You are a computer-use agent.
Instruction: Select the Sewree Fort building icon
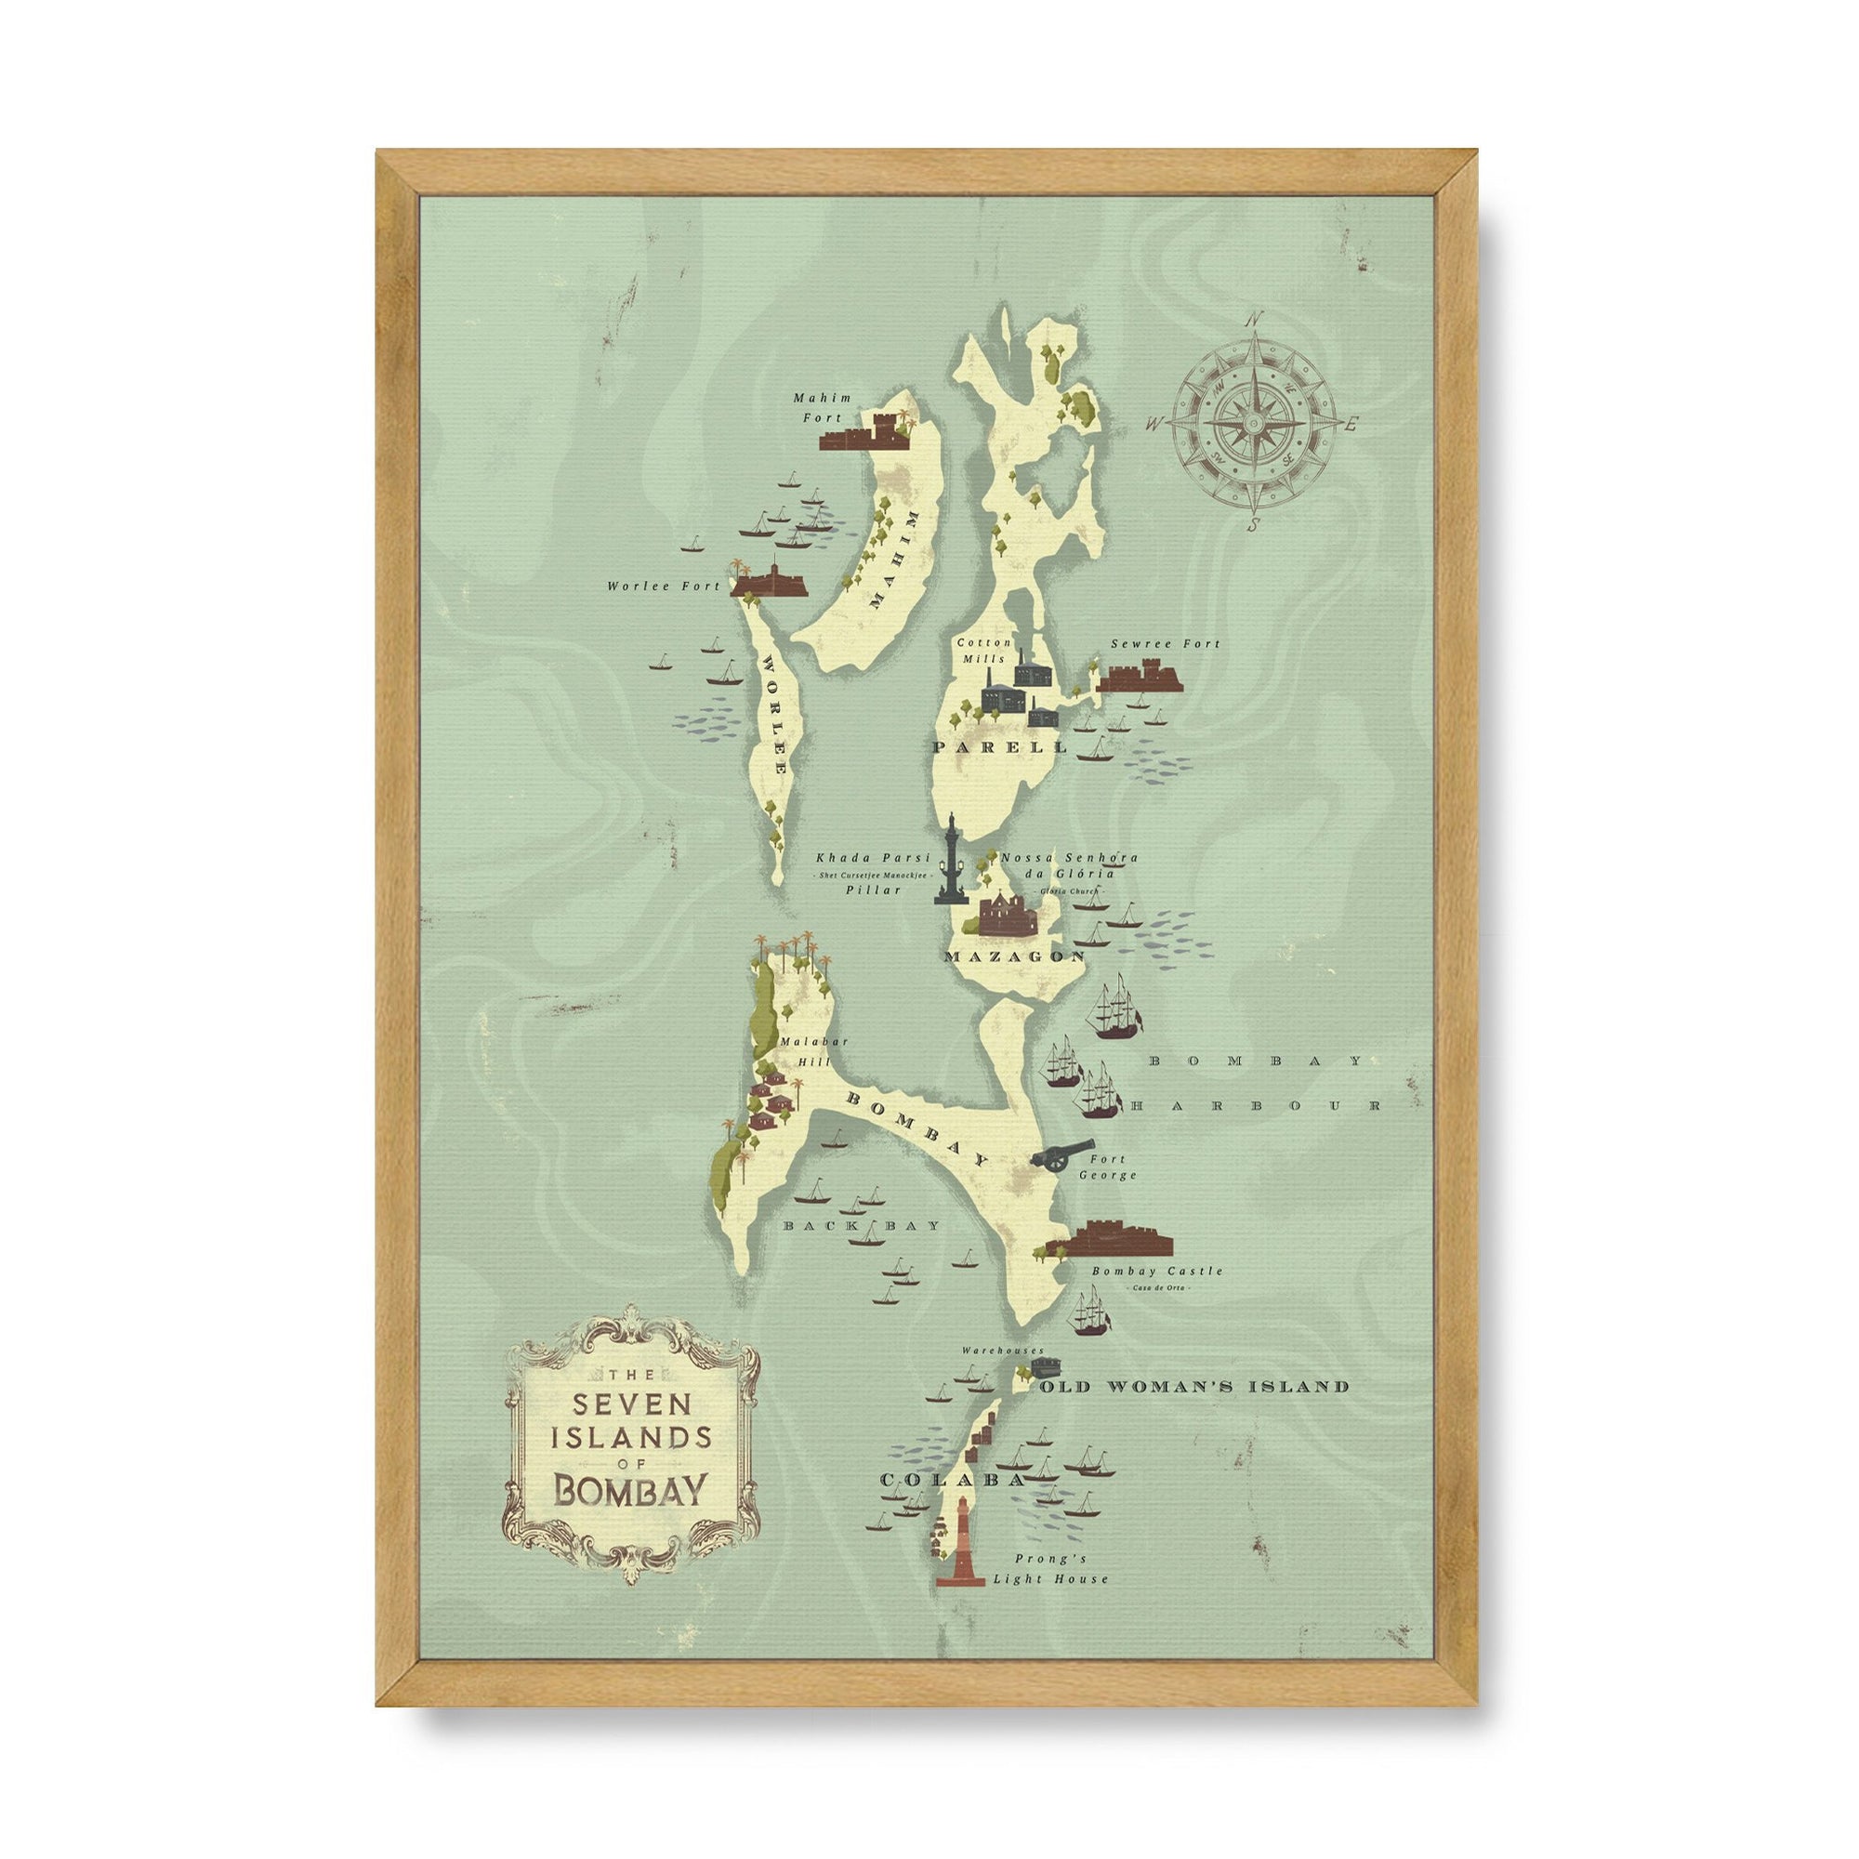[x=1139, y=677]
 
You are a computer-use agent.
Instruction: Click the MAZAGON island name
[x=1014, y=956]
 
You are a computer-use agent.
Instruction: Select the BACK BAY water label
[x=860, y=1226]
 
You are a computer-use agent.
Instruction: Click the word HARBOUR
[x=1256, y=1106]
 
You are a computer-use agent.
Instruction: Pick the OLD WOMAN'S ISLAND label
[x=1194, y=1387]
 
